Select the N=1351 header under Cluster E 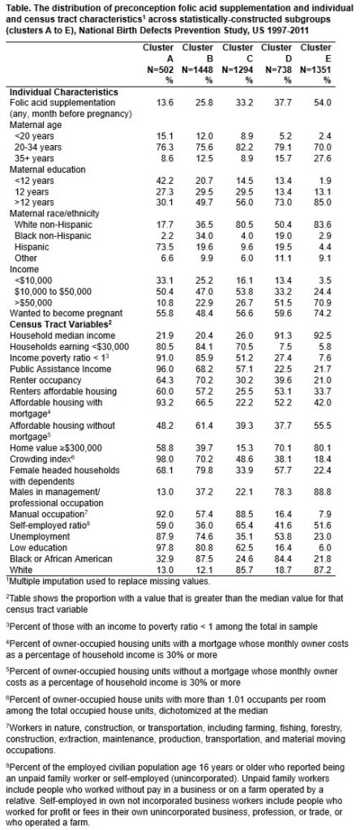pos(319,70)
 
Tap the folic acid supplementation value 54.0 pos(323,103)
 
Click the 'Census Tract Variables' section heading pos(60,324)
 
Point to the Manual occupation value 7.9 pos(324,514)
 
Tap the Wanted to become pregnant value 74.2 pos(323,314)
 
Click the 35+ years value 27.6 pos(323,158)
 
